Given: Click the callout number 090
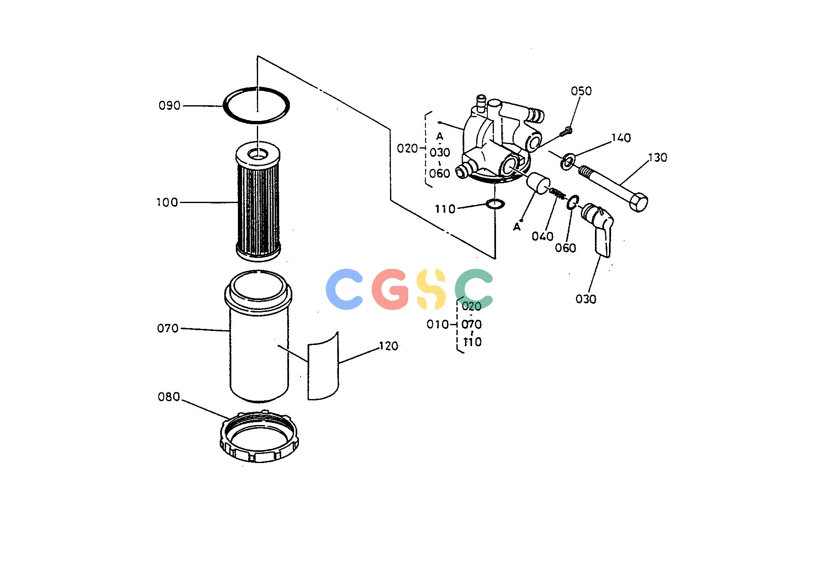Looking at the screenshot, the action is click(169, 106).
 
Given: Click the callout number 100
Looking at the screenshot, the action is click(167, 202).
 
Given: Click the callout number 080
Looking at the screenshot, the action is click(169, 397).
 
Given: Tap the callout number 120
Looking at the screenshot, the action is click(388, 346).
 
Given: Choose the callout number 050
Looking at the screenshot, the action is click(581, 91).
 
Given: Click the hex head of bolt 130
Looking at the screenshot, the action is click(638, 202).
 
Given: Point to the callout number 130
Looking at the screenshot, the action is click(657, 157).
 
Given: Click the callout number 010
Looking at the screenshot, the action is click(437, 324).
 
